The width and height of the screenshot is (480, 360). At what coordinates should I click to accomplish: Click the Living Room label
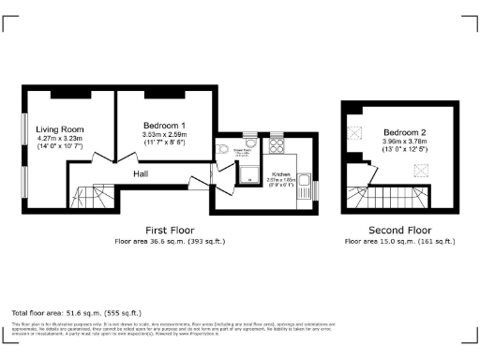(60, 129)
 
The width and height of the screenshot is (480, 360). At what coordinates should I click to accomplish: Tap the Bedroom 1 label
(164, 125)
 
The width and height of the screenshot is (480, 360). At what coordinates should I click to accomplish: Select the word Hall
(140, 173)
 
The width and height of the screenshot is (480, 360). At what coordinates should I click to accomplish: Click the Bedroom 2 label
(405, 131)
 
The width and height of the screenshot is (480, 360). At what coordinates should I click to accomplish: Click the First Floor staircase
(93, 197)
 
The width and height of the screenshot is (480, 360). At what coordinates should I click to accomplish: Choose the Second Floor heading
(400, 229)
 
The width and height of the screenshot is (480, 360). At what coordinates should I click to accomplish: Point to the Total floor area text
(76, 312)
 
